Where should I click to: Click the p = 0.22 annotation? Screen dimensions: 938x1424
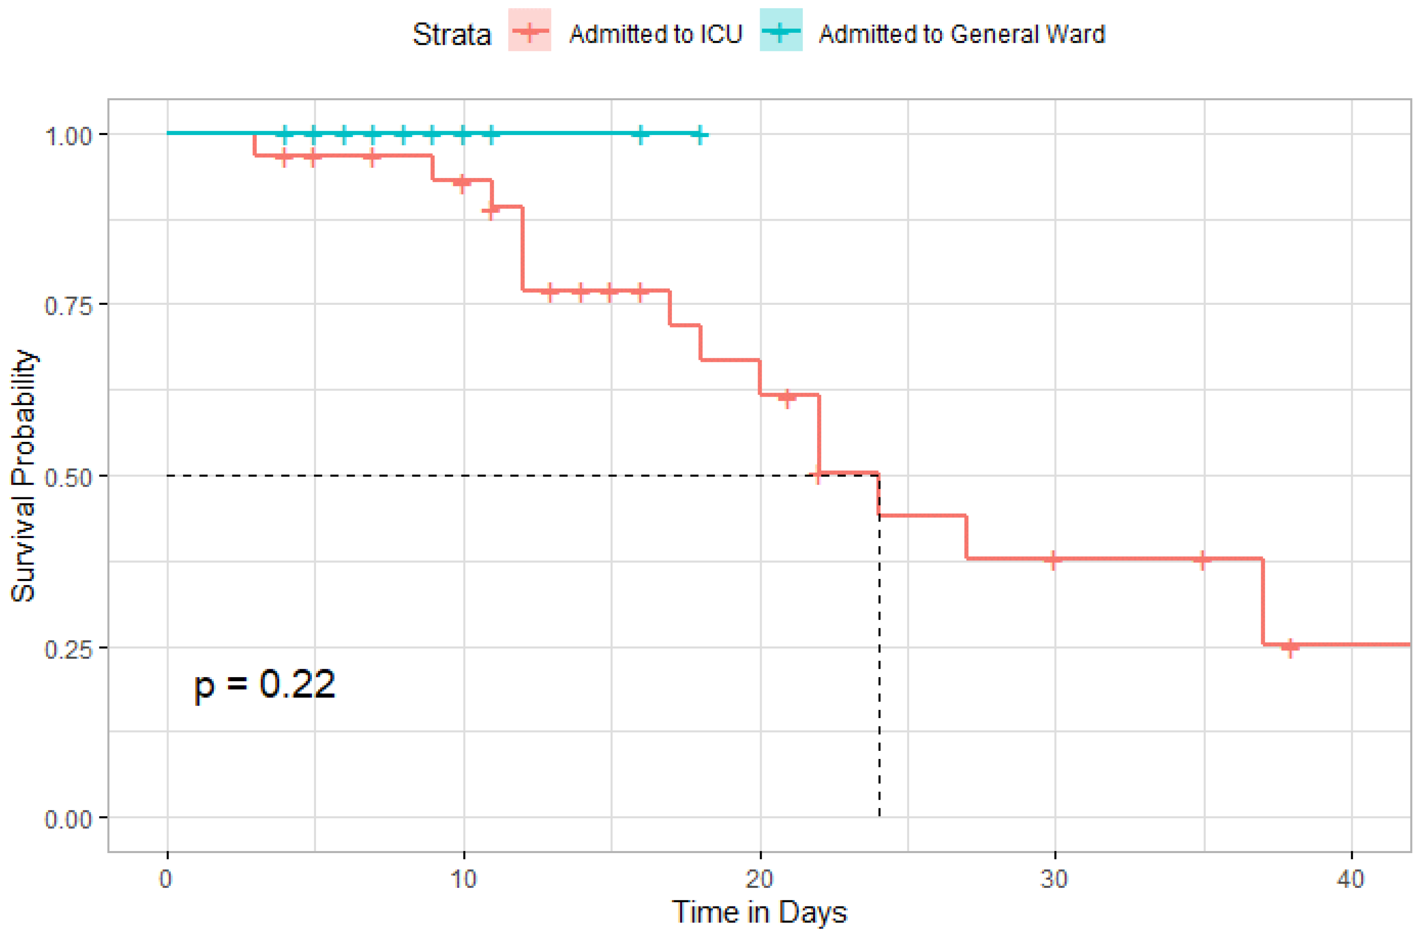pyautogui.click(x=264, y=685)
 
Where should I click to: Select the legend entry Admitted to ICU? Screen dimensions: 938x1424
pyautogui.click(x=655, y=34)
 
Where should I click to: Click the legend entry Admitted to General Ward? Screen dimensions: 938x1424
pyautogui.click(x=961, y=34)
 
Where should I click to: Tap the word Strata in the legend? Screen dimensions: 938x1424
pyautogui.click(x=452, y=34)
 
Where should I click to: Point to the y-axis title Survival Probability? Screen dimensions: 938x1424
pyautogui.click(x=24, y=475)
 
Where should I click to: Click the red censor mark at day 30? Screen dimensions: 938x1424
pyautogui.click(x=1054, y=560)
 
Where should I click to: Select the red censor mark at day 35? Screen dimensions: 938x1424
pyautogui.click(x=1203, y=560)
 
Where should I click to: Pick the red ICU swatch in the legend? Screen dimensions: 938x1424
pyautogui.click(x=529, y=31)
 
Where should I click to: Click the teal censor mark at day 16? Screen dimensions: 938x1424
pyautogui.click(x=640, y=135)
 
